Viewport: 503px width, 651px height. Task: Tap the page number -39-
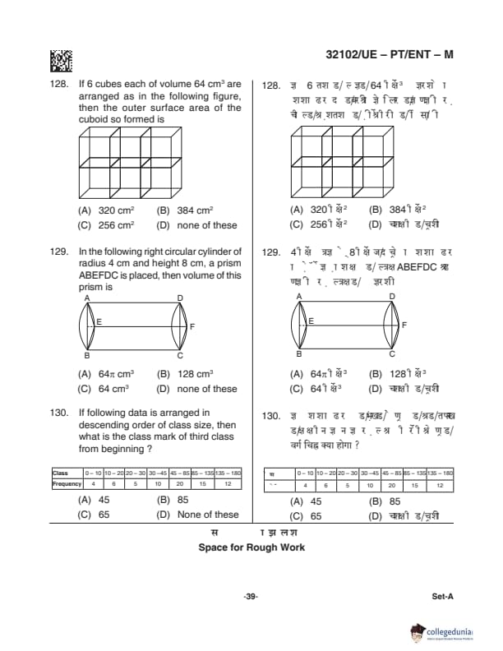tap(251, 596)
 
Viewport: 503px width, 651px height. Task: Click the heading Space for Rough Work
tap(251, 547)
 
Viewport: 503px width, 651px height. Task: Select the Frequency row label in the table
tap(67, 484)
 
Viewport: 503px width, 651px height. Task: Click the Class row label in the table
tap(60, 473)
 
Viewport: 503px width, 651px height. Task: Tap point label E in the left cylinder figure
tap(99, 322)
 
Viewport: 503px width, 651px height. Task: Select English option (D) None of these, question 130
tap(197, 515)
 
